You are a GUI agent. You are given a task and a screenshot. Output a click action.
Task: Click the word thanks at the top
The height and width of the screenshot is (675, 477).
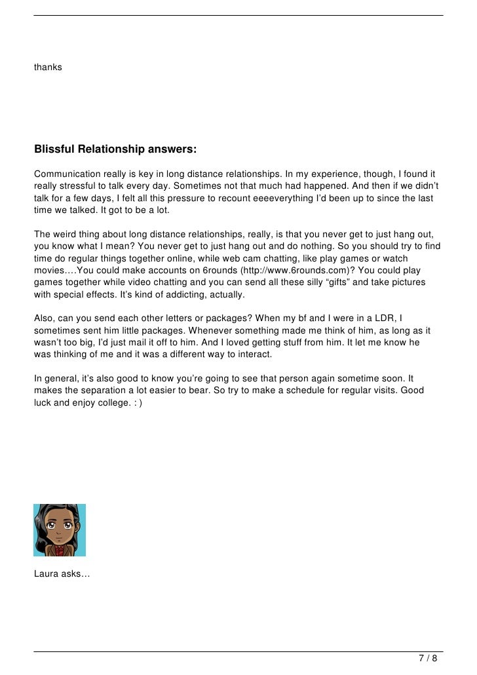(48, 67)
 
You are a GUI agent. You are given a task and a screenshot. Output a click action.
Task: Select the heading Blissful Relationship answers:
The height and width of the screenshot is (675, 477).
(115, 149)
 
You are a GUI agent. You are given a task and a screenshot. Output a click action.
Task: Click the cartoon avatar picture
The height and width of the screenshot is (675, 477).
(60, 530)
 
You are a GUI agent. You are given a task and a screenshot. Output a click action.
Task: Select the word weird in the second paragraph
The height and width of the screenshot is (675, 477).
(67, 235)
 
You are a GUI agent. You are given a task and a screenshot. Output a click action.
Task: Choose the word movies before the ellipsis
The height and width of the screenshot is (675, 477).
(50, 270)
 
